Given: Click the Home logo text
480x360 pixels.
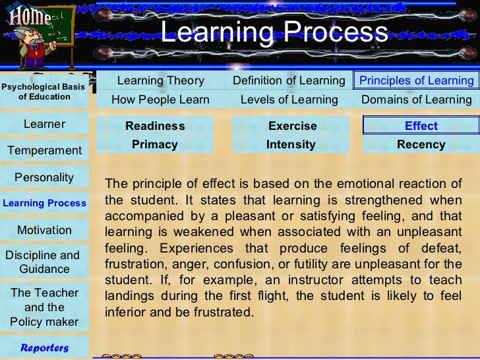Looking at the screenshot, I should pos(30,15).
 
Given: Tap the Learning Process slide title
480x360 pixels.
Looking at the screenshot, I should pos(274,32).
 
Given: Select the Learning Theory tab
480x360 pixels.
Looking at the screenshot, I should pos(160,80).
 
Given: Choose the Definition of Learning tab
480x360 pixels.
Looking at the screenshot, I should pos(289,80).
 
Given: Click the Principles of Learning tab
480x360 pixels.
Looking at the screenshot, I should pos(416,80).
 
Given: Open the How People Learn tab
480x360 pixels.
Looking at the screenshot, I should pos(160,100).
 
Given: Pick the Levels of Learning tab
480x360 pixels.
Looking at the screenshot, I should pos(289,100).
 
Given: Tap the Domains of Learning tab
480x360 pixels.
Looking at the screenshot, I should pos(416,100).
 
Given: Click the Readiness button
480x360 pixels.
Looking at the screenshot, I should pos(155,126).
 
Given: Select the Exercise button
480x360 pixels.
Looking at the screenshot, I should pos(292,126).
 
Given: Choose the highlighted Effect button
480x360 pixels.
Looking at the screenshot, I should pos(421,126).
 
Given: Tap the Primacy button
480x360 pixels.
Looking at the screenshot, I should pos(155,144).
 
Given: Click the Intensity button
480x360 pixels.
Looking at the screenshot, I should pos(291,144).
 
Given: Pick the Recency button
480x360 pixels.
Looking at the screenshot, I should pos(421,144).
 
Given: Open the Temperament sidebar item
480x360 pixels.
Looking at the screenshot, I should pos(44,150).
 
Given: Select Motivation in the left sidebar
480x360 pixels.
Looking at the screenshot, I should pos(44,230).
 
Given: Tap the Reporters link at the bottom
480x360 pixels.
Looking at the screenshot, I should pos(44,347).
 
